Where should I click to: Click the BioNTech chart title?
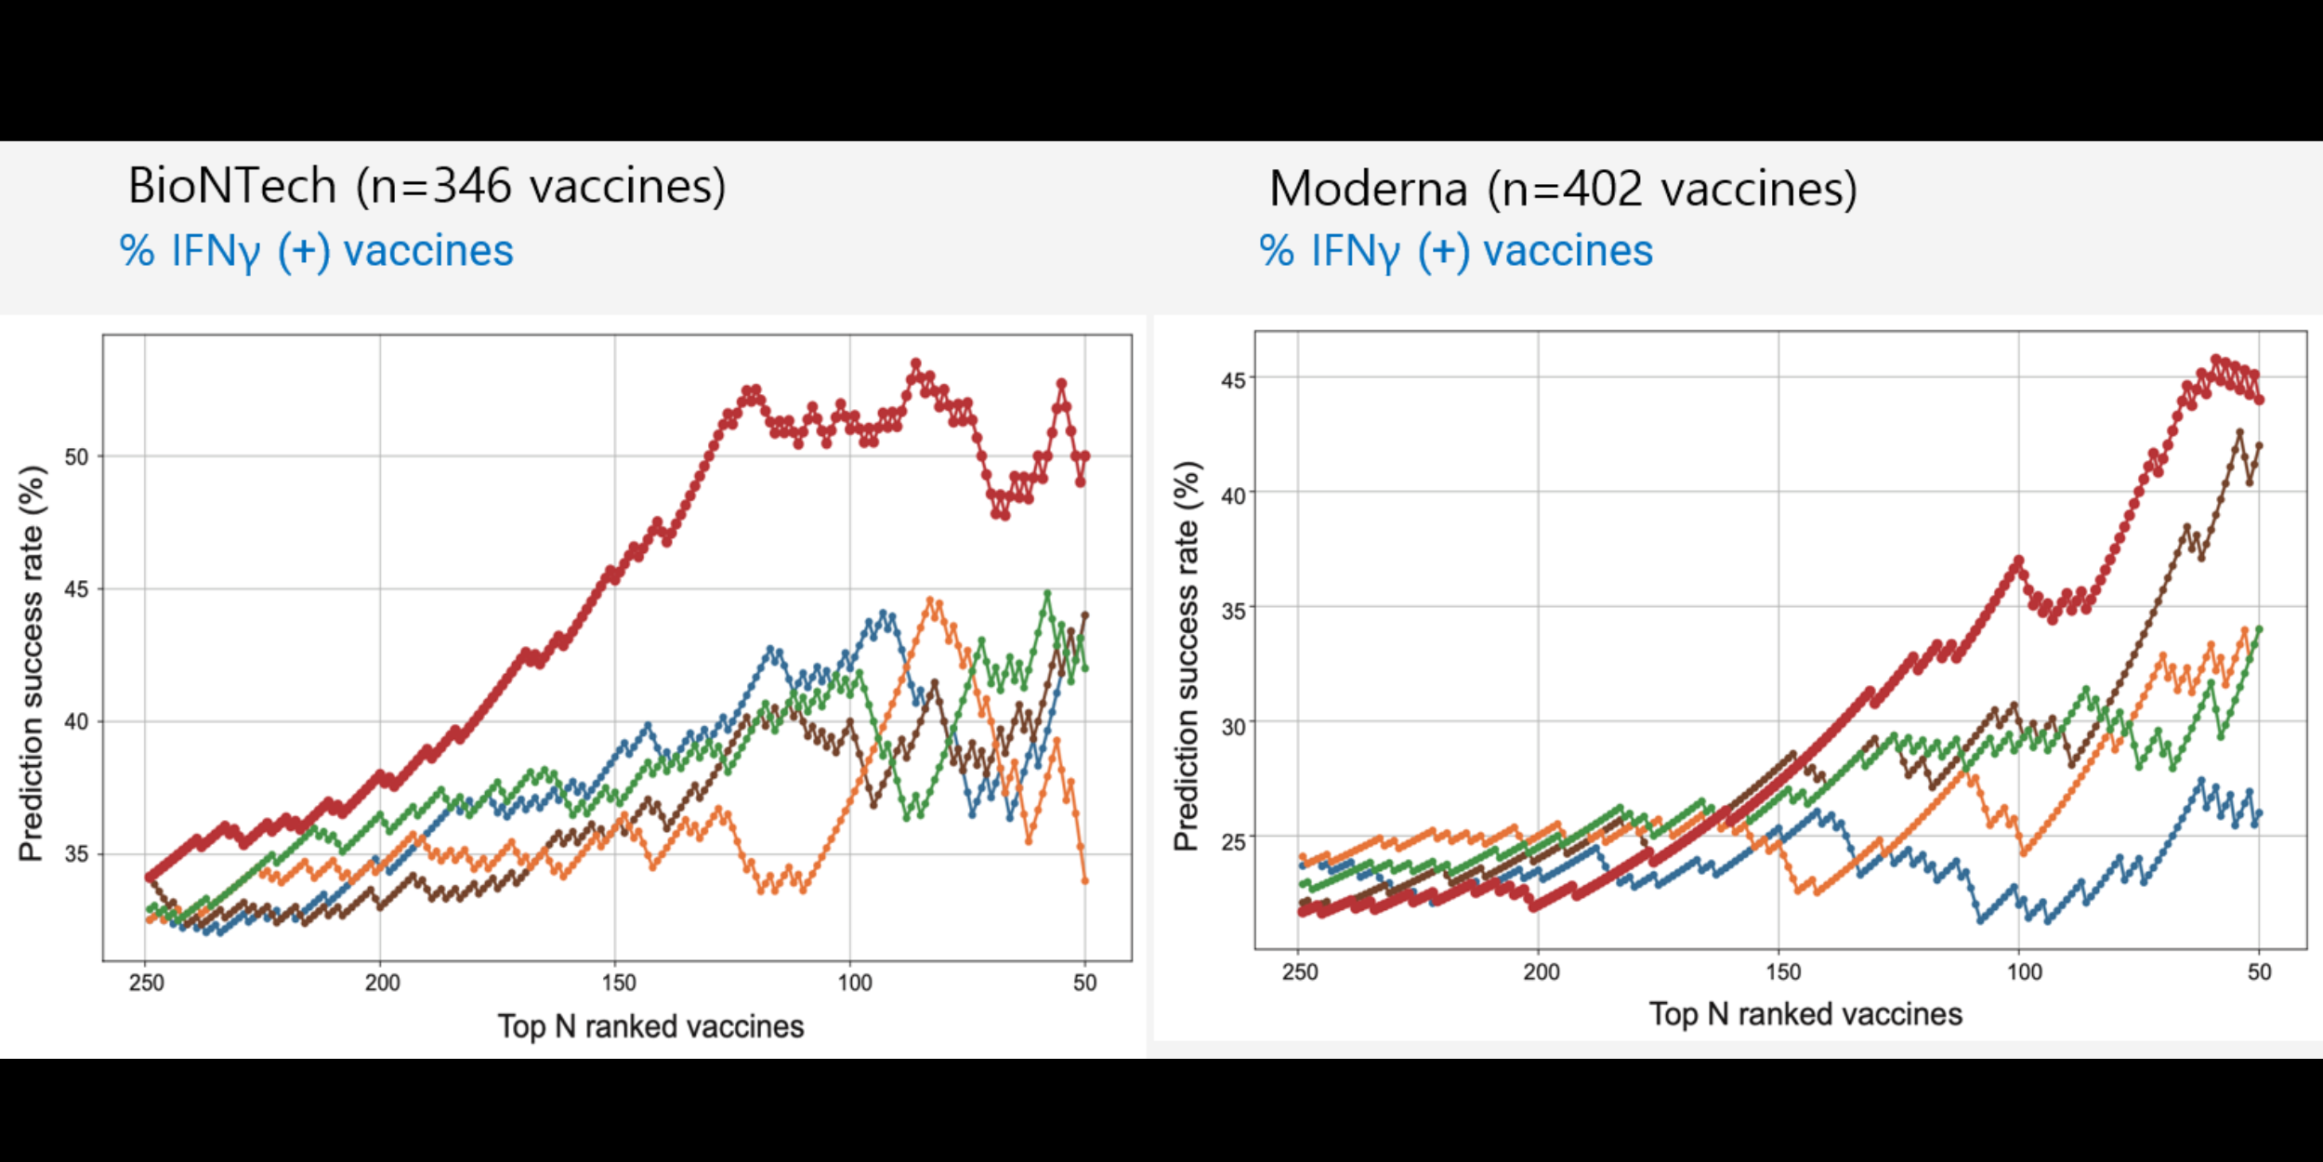click(x=427, y=186)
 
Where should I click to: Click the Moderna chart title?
click(x=1563, y=189)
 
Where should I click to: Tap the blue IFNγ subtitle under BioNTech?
click(x=316, y=251)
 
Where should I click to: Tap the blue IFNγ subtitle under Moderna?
click(x=1456, y=251)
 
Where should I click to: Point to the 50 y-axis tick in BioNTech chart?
click(x=76, y=456)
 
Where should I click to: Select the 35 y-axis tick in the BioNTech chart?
click(x=76, y=853)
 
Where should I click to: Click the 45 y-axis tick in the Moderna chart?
click(x=1233, y=380)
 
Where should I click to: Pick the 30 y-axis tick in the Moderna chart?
click(x=1233, y=726)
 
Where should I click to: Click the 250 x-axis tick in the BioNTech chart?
click(x=146, y=983)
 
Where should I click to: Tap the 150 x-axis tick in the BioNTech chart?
click(x=618, y=983)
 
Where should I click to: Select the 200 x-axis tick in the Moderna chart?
click(x=1541, y=972)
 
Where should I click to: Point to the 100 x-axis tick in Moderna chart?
click(x=2024, y=972)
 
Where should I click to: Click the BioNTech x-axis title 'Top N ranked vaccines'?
click(x=650, y=1026)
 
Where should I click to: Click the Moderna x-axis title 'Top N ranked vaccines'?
click(x=1805, y=1014)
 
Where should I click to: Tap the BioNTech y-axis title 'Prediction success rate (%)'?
click(x=32, y=663)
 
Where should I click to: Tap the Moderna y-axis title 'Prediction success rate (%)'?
click(x=1186, y=655)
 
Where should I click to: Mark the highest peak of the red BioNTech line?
click(x=915, y=363)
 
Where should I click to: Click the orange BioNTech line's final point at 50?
click(x=1084, y=880)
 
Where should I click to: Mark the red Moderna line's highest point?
click(x=2215, y=359)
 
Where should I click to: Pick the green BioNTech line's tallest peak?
click(x=1047, y=593)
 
